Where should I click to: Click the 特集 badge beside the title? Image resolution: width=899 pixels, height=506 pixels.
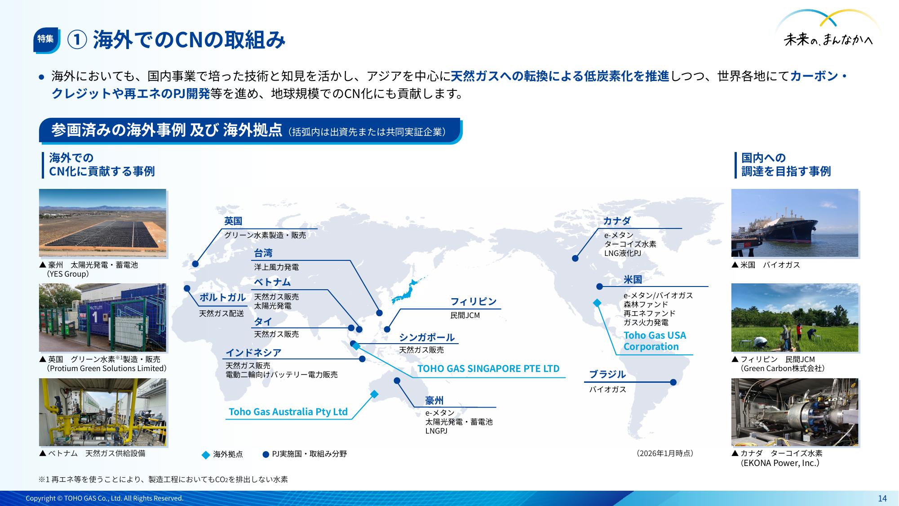pos(46,39)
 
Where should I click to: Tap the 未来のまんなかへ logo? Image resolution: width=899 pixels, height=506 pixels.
pos(828,29)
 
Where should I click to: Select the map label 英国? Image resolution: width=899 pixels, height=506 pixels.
pos(233,221)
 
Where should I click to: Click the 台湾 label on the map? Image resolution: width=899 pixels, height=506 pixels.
pos(263,253)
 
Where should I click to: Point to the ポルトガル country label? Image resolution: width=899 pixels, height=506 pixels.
pos(222,297)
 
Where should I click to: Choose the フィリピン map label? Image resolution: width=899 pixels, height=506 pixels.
pos(474,301)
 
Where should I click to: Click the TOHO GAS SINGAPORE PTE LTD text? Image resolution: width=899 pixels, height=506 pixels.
pos(488,369)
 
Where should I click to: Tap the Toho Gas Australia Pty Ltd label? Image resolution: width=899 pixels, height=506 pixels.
pos(288,412)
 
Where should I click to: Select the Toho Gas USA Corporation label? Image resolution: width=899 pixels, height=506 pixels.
pos(655,341)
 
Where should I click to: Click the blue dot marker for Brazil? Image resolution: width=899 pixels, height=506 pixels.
pos(673,382)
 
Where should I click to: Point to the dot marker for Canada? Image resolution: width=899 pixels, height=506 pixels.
pos(575,258)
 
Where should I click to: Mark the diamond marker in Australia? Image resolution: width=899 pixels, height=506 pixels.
pos(374,394)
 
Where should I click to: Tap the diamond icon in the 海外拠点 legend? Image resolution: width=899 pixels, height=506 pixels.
pos(206,455)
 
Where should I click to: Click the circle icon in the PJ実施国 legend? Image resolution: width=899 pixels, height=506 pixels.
pos(266,454)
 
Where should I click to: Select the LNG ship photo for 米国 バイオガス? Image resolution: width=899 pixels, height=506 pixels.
pos(795,223)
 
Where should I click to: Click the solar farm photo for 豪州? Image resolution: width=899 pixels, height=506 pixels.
pos(102,223)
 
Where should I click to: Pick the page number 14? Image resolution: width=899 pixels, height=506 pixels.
pos(882,498)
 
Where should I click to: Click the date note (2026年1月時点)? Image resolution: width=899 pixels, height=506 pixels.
pos(665,453)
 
